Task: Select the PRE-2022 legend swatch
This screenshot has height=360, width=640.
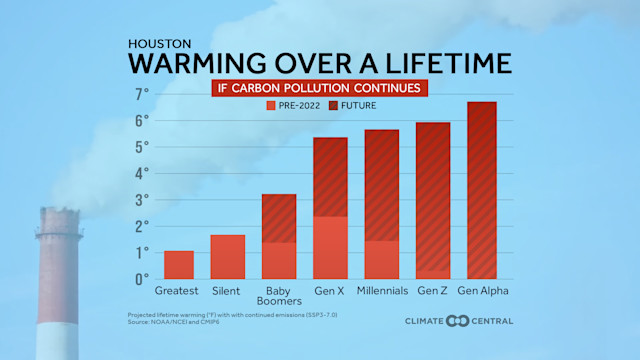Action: pyautogui.click(x=271, y=105)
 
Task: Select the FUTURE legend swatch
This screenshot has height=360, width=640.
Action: pyautogui.click(x=335, y=105)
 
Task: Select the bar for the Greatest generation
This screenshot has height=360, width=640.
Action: pyautogui.click(x=178, y=265)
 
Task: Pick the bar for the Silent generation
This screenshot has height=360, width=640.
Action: pyautogui.click(x=228, y=257)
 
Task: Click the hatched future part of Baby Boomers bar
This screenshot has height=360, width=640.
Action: pyautogui.click(x=279, y=218)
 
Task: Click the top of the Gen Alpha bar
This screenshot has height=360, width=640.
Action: pyautogui.click(x=482, y=104)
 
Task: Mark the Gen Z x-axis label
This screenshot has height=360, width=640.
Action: pyautogui.click(x=432, y=291)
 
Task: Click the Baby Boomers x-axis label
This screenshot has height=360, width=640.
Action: pyautogui.click(x=279, y=297)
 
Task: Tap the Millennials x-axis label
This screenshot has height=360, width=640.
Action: pyautogui.click(x=381, y=291)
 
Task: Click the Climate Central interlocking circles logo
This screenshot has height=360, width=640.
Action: pyautogui.click(x=457, y=321)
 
